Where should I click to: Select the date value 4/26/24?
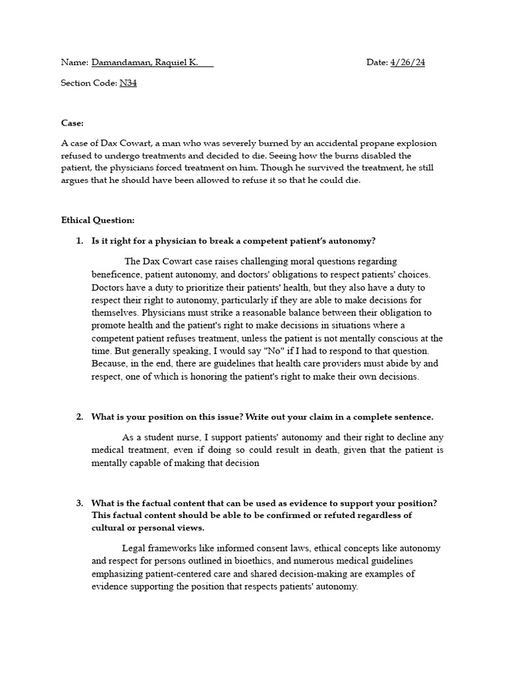(x=412, y=63)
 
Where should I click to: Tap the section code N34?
(x=128, y=83)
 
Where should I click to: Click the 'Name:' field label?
(x=74, y=63)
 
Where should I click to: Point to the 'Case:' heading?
(x=72, y=123)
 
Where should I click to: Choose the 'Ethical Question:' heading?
(x=98, y=220)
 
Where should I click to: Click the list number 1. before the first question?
(x=80, y=241)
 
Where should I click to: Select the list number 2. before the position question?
(x=80, y=417)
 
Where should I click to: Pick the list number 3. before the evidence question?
(x=80, y=503)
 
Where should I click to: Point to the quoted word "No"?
(x=279, y=351)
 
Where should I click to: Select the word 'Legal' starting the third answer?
(x=134, y=548)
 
